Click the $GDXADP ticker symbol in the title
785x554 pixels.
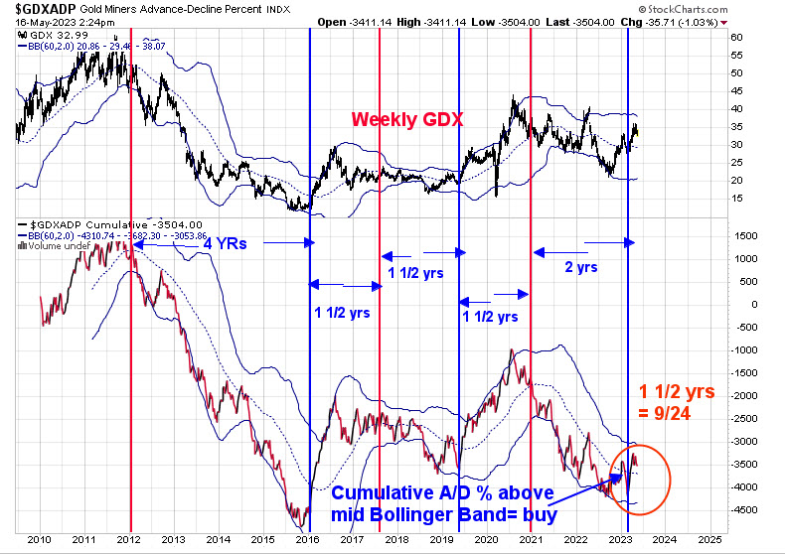[38, 8]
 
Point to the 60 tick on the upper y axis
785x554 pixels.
[736, 37]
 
